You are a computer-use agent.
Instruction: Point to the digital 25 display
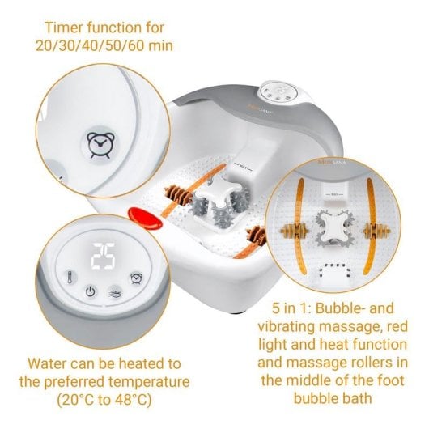tap(104, 257)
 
